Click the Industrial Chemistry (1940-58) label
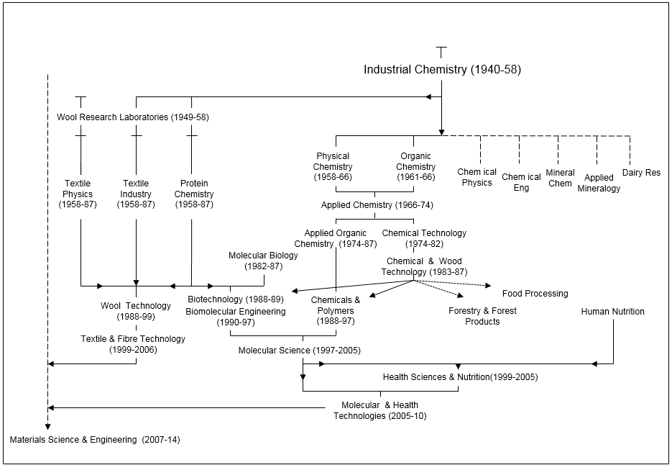point(442,70)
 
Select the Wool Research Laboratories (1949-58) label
point(133,117)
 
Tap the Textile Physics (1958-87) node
point(77,194)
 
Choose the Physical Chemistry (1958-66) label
point(333,166)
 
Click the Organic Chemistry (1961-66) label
point(415,166)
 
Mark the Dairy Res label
point(641,173)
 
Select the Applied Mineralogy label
point(599,183)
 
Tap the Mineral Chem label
point(560,178)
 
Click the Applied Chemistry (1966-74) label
point(377,205)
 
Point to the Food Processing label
point(535,294)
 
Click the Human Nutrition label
point(612,312)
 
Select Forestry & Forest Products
point(482,316)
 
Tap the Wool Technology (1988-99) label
point(136,311)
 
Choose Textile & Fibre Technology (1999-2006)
point(133,344)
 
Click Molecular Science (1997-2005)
point(300,351)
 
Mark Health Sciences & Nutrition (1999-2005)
point(460,377)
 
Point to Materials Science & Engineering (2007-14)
point(95,439)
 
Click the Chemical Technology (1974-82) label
point(424,238)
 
